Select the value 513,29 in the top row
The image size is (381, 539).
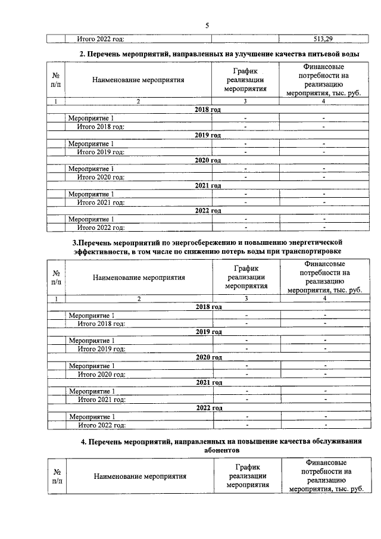point(322,39)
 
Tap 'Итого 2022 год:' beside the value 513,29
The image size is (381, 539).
point(101,39)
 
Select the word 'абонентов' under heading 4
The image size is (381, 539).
point(221,451)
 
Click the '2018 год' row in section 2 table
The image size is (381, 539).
point(208,110)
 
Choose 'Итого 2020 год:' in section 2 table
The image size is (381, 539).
point(101,177)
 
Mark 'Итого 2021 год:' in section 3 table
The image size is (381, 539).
point(101,399)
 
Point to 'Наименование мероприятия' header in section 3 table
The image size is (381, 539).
point(139,277)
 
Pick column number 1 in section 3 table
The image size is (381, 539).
point(57,298)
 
